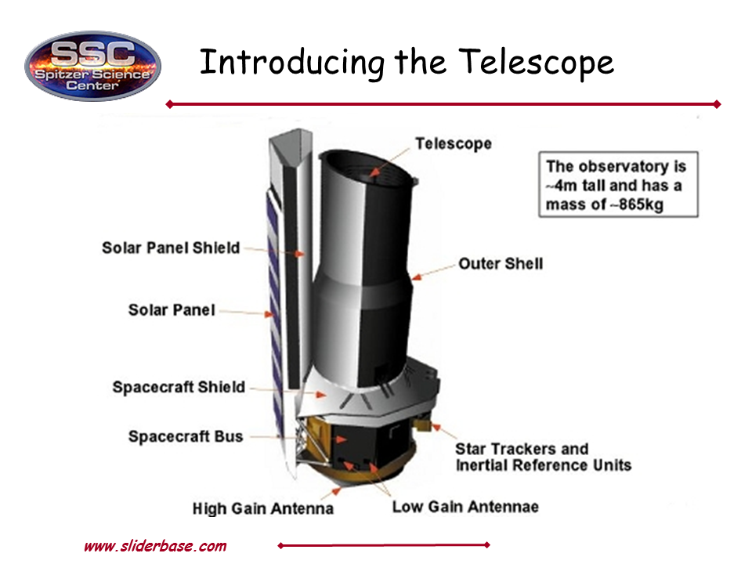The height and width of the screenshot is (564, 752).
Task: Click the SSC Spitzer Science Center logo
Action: pyautogui.click(x=92, y=66)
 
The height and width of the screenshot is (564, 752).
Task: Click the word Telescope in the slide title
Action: pyautogui.click(x=536, y=63)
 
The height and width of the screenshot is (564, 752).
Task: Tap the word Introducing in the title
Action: pyautogui.click(x=292, y=63)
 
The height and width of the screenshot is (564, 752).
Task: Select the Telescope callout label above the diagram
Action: pyautogui.click(x=454, y=143)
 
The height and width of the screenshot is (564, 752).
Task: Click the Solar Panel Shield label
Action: pyautogui.click(x=171, y=248)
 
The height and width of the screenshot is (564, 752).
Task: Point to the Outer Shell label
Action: pyautogui.click(x=501, y=263)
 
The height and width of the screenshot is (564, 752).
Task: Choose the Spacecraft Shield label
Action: pyautogui.click(x=179, y=386)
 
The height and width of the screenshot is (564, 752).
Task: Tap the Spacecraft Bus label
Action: pyautogui.click(x=186, y=436)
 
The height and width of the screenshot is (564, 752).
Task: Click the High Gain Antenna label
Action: pyautogui.click(x=263, y=508)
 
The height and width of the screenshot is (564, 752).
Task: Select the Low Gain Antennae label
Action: pyautogui.click(x=465, y=507)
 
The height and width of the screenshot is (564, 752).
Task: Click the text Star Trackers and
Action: pyautogui.click(x=522, y=449)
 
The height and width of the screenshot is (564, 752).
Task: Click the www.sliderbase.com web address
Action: pyautogui.click(x=155, y=546)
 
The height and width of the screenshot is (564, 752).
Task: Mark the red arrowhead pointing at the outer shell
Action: pyautogui.click(x=416, y=277)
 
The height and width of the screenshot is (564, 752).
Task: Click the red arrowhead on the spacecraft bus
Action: pyautogui.click(x=342, y=439)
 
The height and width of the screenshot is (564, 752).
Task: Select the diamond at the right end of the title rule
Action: pyautogui.click(x=718, y=104)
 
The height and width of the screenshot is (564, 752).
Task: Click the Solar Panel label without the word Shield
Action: pyautogui.click(x=172, y=310)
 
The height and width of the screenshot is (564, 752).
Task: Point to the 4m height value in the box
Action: pyautogui.click(x=566, y=186)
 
